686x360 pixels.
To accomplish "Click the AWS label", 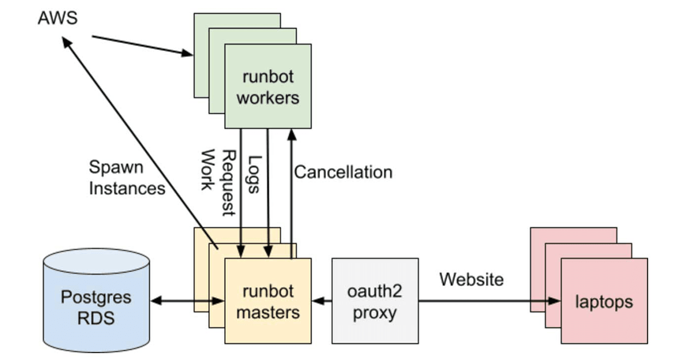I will tap(57, 18).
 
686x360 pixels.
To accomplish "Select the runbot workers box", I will tap(268, 86).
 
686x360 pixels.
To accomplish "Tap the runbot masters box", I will tap(268, 301).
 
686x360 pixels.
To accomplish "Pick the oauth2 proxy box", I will tap(375, 301).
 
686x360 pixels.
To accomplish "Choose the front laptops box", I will tap(604, 301).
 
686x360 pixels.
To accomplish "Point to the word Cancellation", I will tap(343, 172).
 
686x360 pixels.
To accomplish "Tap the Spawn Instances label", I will tap(126, 178).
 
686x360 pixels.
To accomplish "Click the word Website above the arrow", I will tap(472, 279).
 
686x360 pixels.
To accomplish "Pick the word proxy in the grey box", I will tap(375, 313).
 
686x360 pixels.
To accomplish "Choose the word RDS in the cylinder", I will tap(96, 317).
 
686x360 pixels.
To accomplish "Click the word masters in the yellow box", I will tap(268, 313).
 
